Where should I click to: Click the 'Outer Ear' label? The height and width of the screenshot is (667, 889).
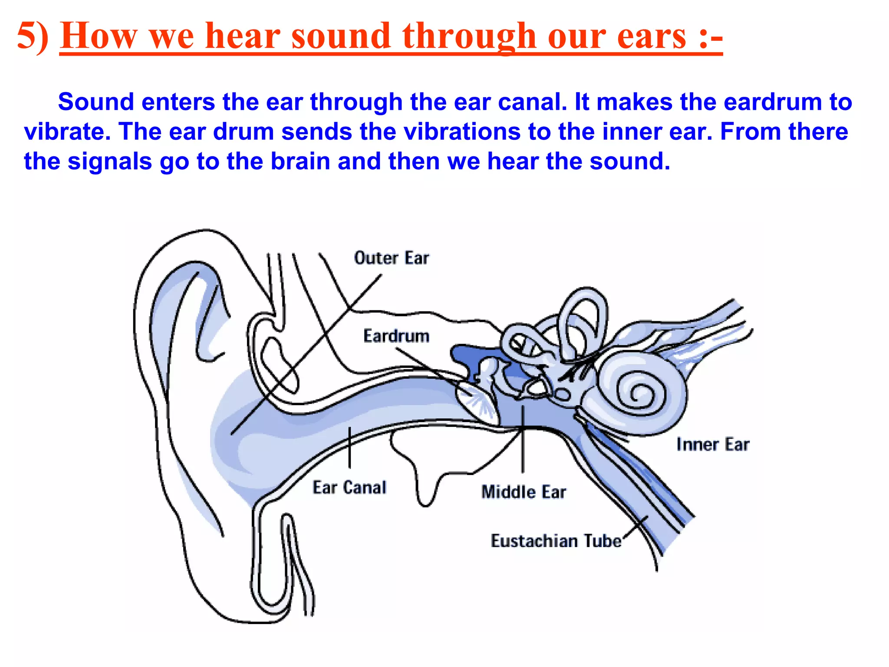(x=391, y=258)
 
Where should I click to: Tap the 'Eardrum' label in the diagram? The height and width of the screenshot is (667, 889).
(x=396, y=336)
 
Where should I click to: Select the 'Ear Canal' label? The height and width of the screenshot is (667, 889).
(x=349, y=487)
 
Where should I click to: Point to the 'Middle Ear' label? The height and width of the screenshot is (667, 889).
(x=524, y=492)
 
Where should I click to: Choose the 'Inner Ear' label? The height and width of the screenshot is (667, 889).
(x=713, y=444)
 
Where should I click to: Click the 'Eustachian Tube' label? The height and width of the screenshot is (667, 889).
(x=556, y=541)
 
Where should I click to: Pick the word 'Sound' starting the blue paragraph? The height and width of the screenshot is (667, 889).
(x=96, y=102)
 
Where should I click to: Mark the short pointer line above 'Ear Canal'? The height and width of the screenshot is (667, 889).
(x=349, y=447)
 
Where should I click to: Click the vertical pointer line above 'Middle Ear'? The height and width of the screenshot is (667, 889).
(x=523, y=439)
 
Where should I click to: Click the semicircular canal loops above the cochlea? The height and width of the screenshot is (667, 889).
(x=582, y=321)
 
